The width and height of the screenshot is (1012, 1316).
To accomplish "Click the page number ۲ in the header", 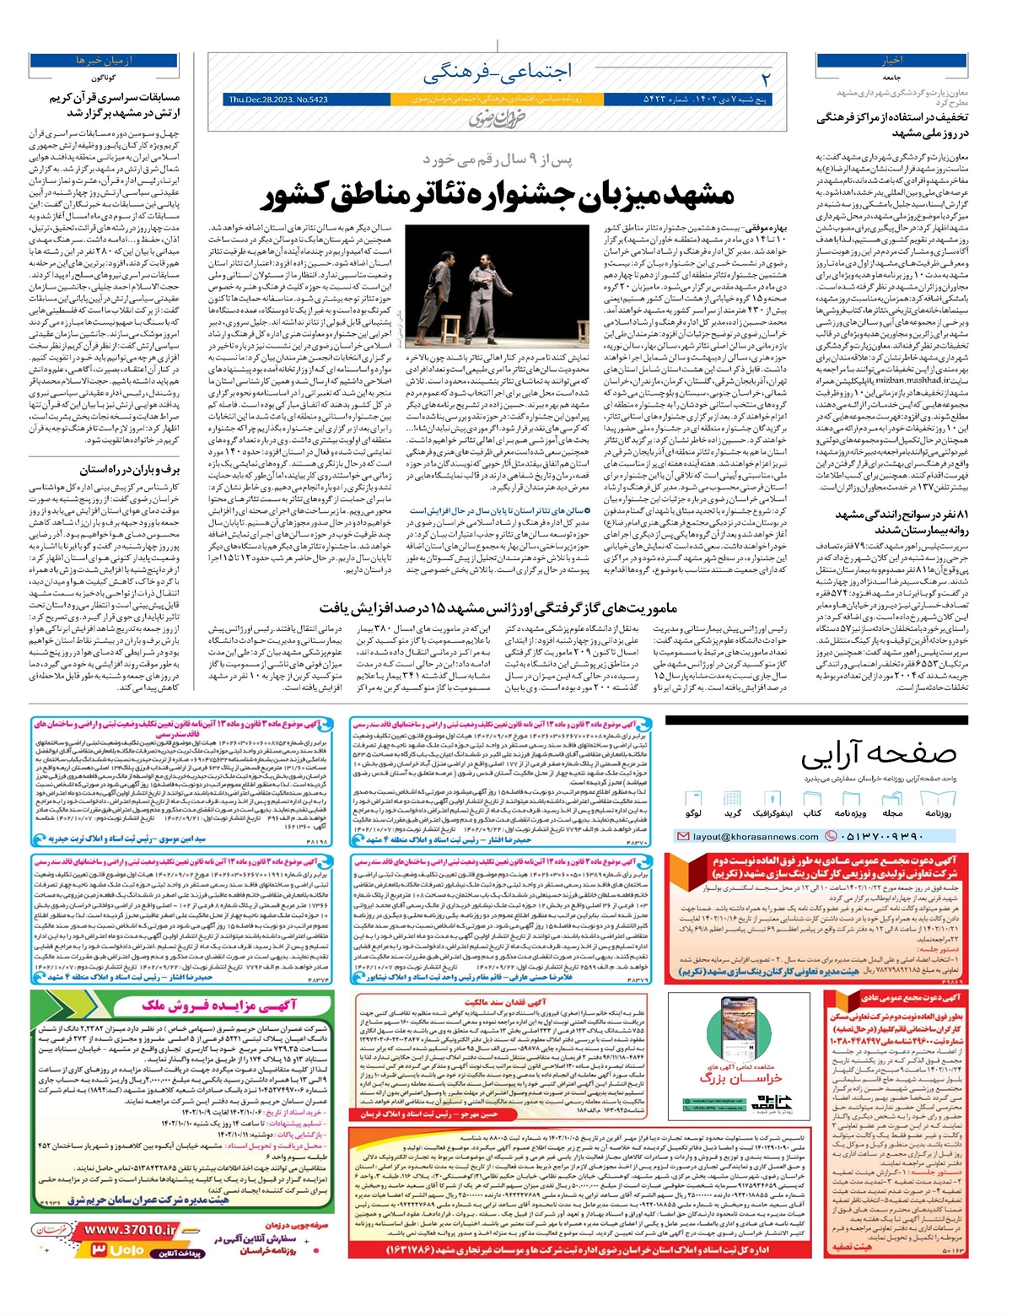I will coord(766,78).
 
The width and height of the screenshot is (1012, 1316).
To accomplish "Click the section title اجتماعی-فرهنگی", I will coord(498,73).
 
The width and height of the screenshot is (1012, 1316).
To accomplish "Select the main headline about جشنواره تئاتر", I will coord(498,196).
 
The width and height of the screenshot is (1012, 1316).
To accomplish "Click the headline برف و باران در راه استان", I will coord(130,470).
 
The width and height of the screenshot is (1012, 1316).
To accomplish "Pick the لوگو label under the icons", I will coord(693,813).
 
